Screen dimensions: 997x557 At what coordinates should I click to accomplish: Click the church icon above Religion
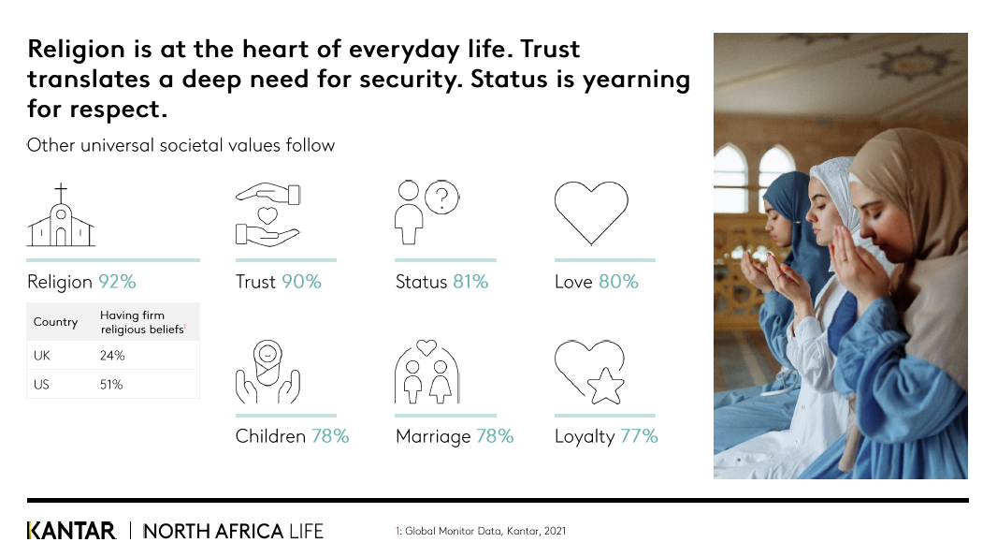coord(61,215)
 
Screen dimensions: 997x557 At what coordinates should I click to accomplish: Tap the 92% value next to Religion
coord(117,282)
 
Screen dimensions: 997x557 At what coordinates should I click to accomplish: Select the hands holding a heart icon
coord(267,215)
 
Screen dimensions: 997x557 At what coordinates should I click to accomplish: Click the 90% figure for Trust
coord(301,282)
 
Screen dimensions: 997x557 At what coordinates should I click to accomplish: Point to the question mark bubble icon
coord(441,198)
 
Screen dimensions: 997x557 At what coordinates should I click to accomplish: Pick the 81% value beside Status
coord(470,282)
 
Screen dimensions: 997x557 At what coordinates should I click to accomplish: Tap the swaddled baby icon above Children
coord(267,372)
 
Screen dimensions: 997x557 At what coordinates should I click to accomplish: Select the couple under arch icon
coord(426,372)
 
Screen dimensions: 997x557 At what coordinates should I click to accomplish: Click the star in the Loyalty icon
coord(605,387)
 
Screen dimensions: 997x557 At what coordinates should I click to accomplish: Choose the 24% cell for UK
coord(112,355)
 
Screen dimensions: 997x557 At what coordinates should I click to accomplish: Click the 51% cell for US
coord(111,385)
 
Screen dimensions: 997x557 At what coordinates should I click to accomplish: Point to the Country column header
coord(55,322)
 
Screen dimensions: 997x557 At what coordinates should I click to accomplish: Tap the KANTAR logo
coord(71,531)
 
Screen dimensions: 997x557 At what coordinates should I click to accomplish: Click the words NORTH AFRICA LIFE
coord(234,531)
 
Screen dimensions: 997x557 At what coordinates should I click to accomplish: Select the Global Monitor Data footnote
coord(481,531)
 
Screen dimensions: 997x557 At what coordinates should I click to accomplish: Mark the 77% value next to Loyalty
coord(639,436)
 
